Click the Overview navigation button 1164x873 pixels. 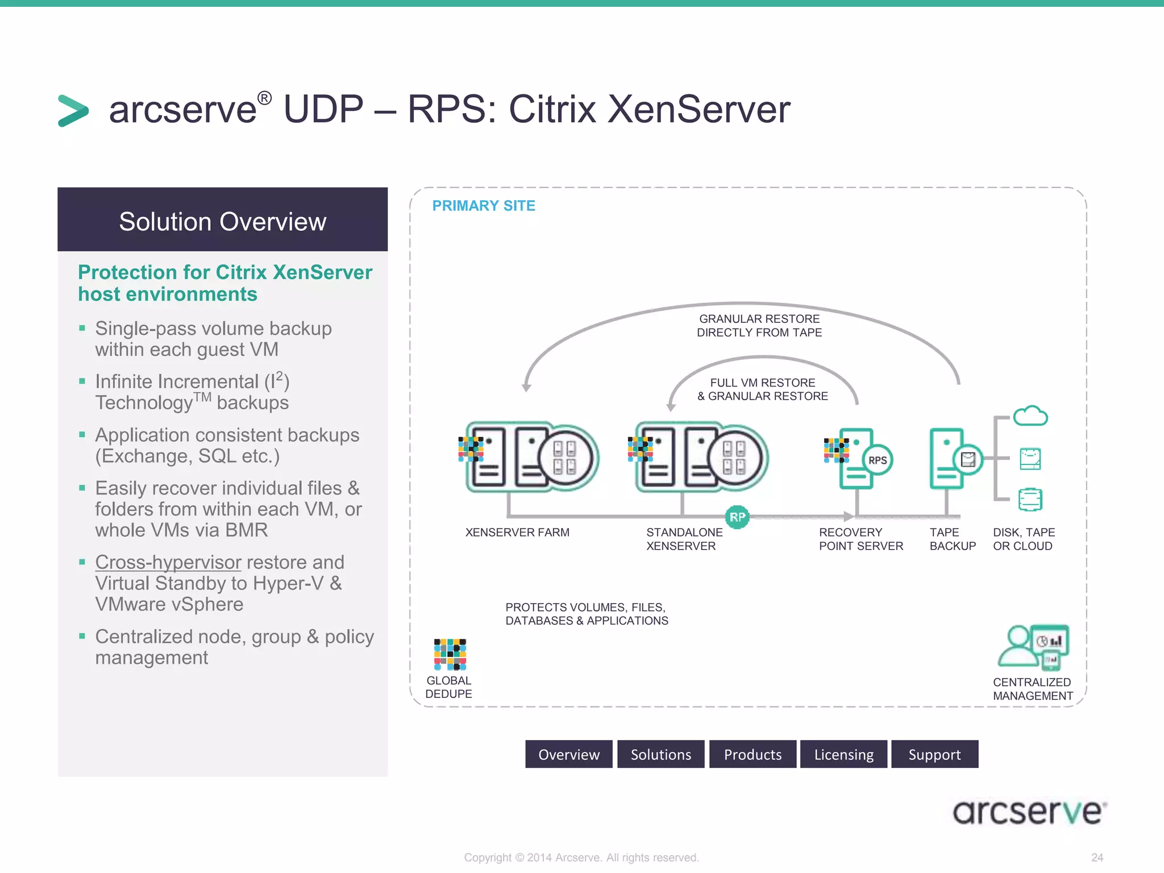568,754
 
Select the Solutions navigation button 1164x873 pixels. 660,754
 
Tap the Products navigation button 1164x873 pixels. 753,754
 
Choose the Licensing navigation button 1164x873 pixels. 843,754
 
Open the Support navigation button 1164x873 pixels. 934,754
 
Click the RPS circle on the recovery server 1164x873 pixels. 878,460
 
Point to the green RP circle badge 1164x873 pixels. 737,517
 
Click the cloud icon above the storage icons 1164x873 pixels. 1030,416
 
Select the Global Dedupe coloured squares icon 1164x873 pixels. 450,654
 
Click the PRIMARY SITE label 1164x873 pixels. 484,206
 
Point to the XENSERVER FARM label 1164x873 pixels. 517,533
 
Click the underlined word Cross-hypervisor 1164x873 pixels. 168,562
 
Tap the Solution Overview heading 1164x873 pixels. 222,221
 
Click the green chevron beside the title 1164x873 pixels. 73,110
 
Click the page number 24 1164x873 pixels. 1097,857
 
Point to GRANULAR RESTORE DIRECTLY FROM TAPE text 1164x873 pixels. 759,326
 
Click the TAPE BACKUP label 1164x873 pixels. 953,539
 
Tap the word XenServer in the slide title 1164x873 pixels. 699,109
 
